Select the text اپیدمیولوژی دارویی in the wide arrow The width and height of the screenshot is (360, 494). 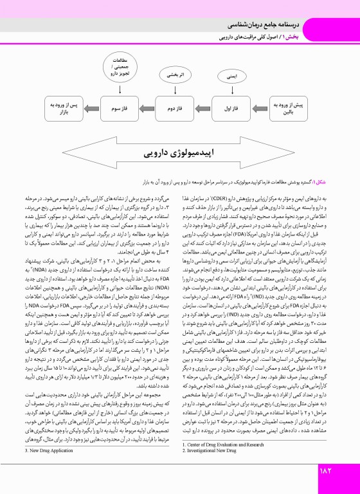(174, 155)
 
